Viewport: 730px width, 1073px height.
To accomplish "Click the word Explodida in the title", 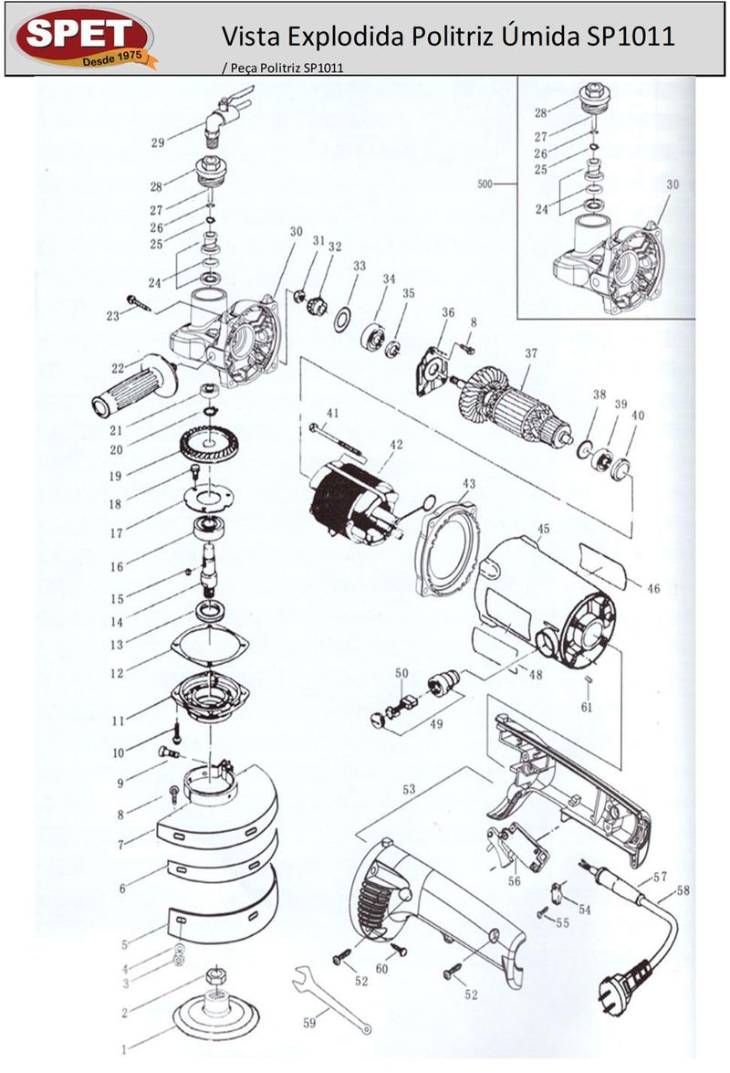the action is point(346,37).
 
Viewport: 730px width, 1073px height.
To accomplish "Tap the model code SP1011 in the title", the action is point(631,36).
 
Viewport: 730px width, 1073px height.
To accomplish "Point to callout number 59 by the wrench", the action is point(309,1023).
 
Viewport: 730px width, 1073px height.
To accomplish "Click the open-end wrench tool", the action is point(331,998).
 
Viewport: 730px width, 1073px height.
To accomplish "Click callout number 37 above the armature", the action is point(531,353).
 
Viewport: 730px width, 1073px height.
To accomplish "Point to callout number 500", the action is point(485,184).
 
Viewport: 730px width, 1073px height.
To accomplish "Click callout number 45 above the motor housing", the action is point(544,529).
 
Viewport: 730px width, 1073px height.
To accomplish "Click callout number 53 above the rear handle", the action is point(409,789).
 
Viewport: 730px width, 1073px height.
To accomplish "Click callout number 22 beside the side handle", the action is point(119,368).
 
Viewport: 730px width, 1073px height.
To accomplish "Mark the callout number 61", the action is point(587,707).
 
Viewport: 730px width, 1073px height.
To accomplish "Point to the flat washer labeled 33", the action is point(343,319).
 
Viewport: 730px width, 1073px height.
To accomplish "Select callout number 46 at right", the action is point(653,588).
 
